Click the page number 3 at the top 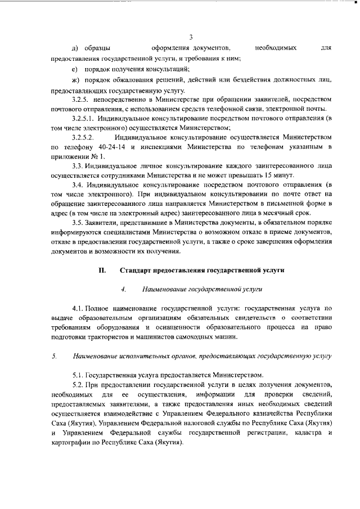(x=191, y=38)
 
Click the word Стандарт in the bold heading (x=137, y=270)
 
